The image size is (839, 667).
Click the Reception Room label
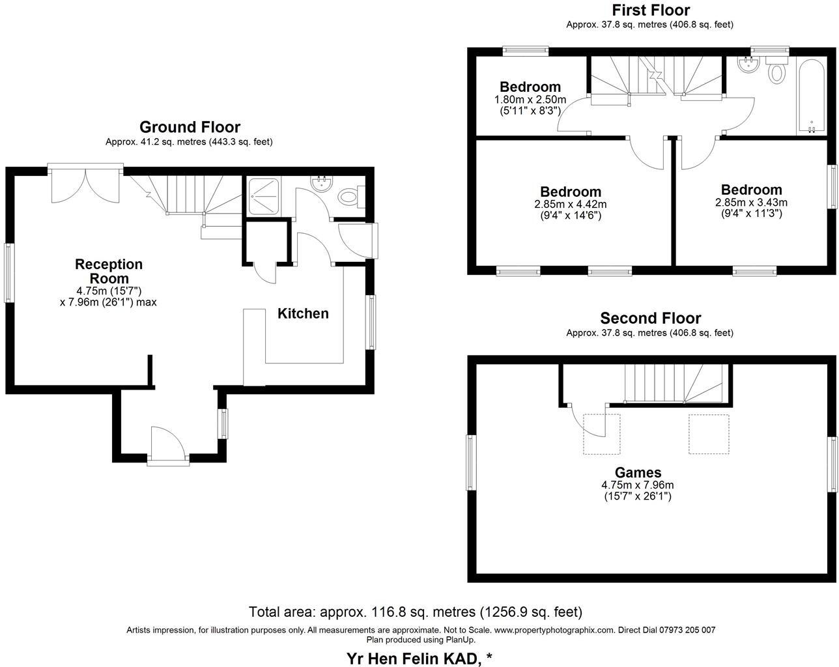[108, 271]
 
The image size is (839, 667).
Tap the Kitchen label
[303, 313]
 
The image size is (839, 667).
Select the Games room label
[638, 472]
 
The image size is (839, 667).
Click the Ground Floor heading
[190, 127]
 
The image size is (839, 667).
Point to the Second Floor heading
[650, 318]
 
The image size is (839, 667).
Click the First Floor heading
[650, 10]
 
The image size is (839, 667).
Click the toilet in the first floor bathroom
[776, 70]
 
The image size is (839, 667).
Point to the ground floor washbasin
[321, 183]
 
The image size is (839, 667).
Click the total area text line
[415, 612]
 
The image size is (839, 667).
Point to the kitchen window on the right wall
[371, 322]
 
